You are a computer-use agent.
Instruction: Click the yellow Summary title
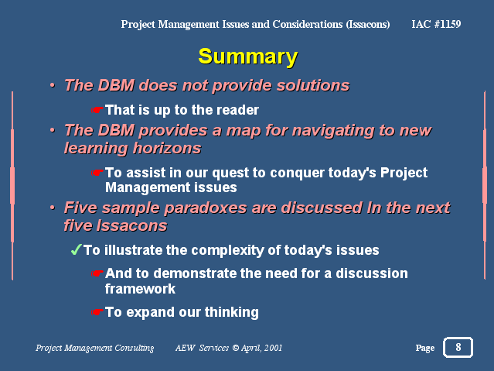[248, 57]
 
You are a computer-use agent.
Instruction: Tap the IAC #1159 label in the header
[436, 24]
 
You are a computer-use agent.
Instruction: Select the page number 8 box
[458, 347]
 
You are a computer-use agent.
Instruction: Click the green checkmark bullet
[77, 249]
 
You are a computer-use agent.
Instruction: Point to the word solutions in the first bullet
[313, 85]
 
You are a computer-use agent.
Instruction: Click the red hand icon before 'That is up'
[97, 110]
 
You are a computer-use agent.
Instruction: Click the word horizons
[167, 148]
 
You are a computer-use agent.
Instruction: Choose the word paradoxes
[206, 208]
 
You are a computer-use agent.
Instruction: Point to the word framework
[140, 289]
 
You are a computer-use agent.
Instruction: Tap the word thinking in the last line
[232, 313]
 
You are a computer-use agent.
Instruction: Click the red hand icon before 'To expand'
[97, 312]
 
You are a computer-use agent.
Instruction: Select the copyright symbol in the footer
[235, 348]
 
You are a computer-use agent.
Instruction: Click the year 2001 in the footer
[273, 348]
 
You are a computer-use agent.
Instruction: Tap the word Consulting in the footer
[135, 348]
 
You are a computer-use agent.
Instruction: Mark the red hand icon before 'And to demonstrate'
[97, 273]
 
